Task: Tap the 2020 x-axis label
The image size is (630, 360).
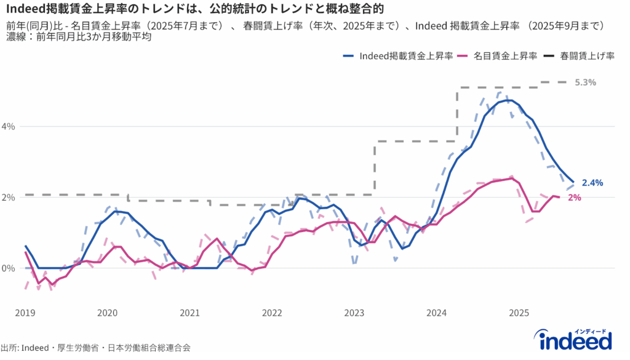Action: click(x=107, y=313)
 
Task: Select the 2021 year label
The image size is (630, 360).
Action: click(x=189, y=313)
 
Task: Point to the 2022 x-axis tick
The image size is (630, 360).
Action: click(x=272, y=313)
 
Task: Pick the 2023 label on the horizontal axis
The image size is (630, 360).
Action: click(x=354, y=313)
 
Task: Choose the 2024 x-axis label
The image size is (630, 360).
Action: click(x=436, y=313)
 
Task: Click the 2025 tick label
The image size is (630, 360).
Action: click(x=519, y=313)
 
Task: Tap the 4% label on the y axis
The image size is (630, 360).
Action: click(x=9, y=126)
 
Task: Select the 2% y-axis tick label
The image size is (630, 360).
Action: click(x=9, y=197)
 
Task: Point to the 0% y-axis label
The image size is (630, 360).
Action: click(x=9, y=268)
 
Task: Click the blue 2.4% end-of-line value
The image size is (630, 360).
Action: click(x=592, y=183)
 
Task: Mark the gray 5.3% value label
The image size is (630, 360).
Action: click(x=586, y=82)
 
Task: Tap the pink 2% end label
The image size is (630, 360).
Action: click(x=575, y=198)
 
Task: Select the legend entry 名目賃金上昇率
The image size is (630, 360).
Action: click(x=506, y=56)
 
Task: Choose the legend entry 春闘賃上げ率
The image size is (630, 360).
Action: click(x=587, y=56)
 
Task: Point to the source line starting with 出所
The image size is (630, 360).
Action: click(x=95, y=348)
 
